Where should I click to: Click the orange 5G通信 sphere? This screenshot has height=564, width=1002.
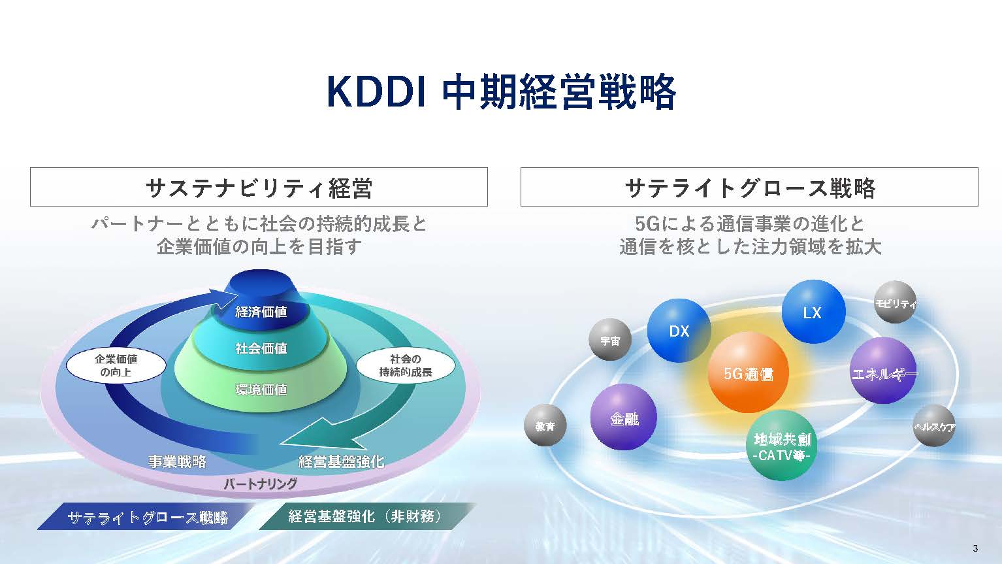pyautogui.click(x=748, y=373)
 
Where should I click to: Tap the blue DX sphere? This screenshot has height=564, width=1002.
pyautogui.click(x=679, y=331)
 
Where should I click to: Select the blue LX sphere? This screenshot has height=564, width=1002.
pyautogui.click(x=813, y=312)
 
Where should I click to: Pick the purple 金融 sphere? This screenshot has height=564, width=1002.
pyautogui.click(x=624, y=417)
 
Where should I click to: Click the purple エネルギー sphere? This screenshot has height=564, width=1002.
pyautogui.click(x=884, y=371)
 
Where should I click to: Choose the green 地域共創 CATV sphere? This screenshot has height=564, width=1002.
pyautogui.click(x=782, y=445)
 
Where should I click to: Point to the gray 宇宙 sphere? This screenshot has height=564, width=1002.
pyautogui.click(x=610, y=340)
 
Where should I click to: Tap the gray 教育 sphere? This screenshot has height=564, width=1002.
pyautogui.click(x=545, y=425)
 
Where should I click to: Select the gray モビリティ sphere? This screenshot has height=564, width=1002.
pyautogui.click(x=895, y=302)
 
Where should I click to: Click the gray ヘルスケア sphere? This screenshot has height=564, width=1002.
pyautogui.click(x=934, y=425)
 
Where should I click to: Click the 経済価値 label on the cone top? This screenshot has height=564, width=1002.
pyautogui.click(x=261, y=312)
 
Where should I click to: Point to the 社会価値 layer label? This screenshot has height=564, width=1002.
pyautogui.click(x=261, y=348)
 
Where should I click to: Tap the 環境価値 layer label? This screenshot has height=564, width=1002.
pyautogui.click(x=261, y=390)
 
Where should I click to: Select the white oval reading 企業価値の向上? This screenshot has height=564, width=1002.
pyautogui.click(x=116, y=366)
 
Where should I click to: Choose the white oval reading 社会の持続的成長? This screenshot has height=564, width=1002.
pyautogui.click(x=406, y=366)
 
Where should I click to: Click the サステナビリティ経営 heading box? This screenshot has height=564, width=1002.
pyautogui.click(x=259, y=187)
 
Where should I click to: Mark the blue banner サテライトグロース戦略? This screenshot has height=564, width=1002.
pyautogui.click(x=146, y=517)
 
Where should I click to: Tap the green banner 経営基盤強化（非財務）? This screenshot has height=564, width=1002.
pyautogui.click(x=368, y=516)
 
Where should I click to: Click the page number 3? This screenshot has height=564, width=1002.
pyautogui.click(x=976, y=548)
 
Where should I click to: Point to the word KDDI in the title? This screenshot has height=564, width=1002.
pyautogui.click(x=376, y=92)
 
